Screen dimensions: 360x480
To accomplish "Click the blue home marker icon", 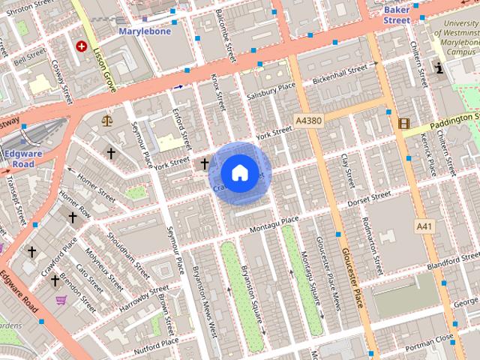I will [x=239, y=172].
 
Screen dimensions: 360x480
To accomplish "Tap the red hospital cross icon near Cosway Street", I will [x=81, y=46].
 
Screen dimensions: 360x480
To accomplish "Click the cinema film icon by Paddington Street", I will [x=404, y=123].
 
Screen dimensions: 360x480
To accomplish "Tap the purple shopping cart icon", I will [x=61, y=300].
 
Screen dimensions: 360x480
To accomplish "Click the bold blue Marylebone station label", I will [x=145, y=31].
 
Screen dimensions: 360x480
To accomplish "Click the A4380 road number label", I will [x=309, y=120].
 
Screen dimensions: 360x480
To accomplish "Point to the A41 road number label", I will [x=424, y=225].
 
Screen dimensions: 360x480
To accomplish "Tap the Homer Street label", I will [x=93, y=180].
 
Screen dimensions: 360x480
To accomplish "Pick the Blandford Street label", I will [x=452, y=263].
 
